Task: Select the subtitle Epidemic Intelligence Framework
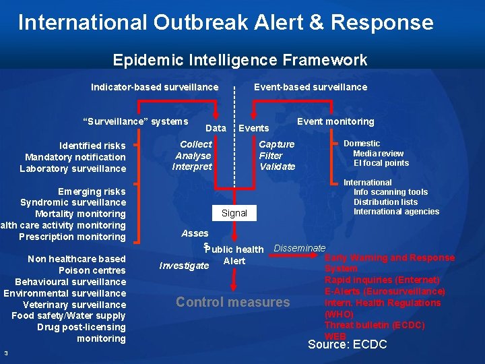coord(240,60)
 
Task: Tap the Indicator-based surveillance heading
coord(155,87)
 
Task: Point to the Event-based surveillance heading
coord(311,87)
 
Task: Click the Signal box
coord(234,213)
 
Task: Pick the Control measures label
coord(232,302)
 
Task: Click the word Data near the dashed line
coord(216,128)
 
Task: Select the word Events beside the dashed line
coord(254,128)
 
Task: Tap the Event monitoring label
coord(335,121)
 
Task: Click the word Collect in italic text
coord(195,144)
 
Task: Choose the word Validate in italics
coord(277,166)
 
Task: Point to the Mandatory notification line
coord(75,157)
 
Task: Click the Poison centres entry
coord(92,270)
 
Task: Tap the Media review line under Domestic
coord(379,153)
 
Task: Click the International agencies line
coord(396,212)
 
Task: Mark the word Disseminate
coord(299,248)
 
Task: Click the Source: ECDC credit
coord(347,344)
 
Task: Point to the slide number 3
coord(5,353)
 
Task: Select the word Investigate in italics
coord(184,266)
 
